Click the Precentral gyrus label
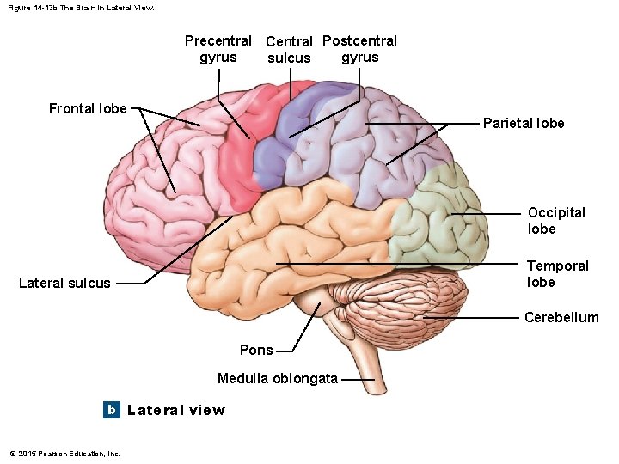click(x=218, y=49)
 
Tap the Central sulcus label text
click(x=289, y=50)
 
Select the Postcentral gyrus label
click(x=359, y=49)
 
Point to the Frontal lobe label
click(x=88, y=108)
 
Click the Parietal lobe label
click(x=524, y=123)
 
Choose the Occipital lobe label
click(x=555, y=220)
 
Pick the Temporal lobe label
click(x=557, y=273)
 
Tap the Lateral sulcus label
click(x=64, y=283)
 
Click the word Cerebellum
click(x=561, y=317)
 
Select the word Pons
click(x=256, y=350)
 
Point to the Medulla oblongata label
click(x=278, y=378)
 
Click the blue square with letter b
click(x=111, y=410)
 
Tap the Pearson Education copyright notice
click(x=64, y=454)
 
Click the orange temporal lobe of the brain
click(x=284, y=249)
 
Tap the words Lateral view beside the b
click(x=176, y=410)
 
